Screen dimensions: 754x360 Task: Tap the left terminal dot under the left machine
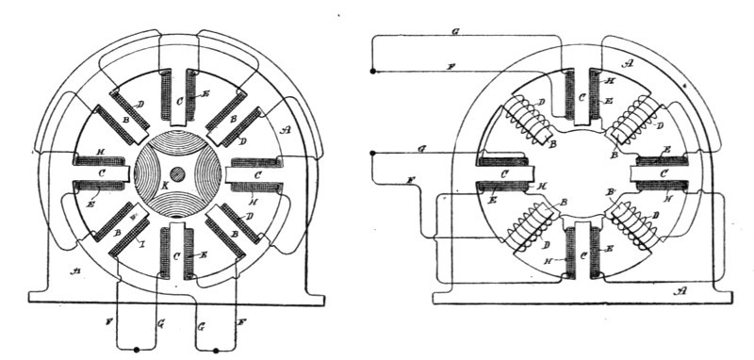pos(138,351)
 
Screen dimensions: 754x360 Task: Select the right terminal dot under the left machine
pos(216,351)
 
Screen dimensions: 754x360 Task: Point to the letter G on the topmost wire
pos(456,32)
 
